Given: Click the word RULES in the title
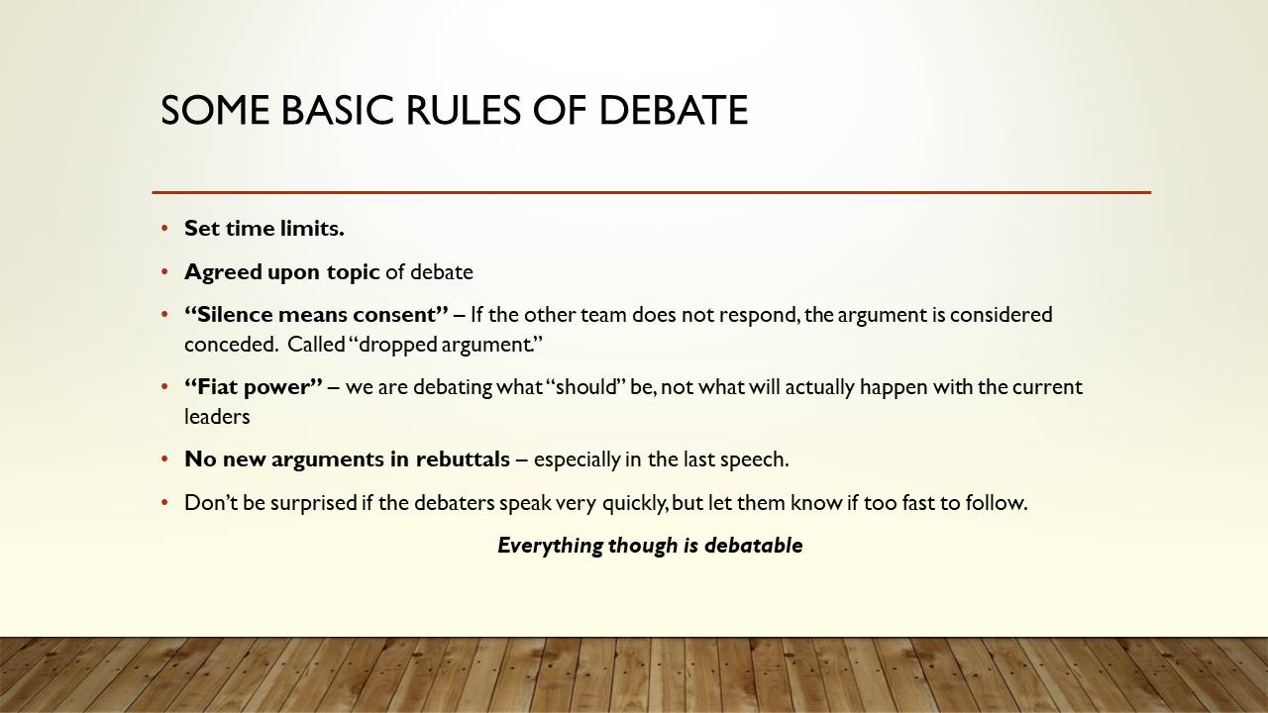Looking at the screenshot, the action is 463,110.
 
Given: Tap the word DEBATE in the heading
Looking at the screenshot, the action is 673,110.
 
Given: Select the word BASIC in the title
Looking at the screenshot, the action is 337,110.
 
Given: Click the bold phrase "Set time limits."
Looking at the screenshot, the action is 264,229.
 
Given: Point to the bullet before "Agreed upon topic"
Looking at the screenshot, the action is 164,272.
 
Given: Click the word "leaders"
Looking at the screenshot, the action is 217,417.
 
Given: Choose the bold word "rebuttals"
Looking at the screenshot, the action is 463,458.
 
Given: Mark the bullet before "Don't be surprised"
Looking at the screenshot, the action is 164,502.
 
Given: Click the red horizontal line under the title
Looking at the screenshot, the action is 652,192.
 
